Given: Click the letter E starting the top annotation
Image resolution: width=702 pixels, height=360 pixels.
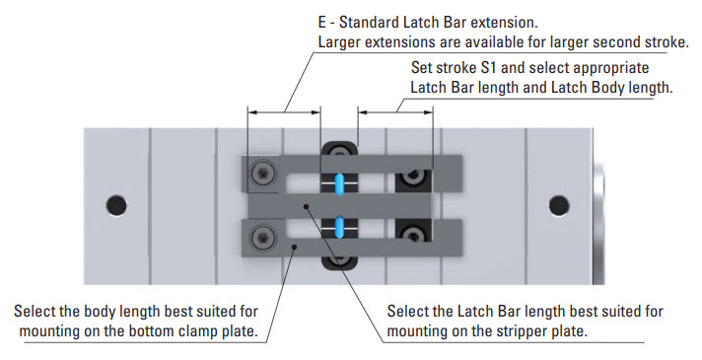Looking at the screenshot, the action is (x=322, y=22).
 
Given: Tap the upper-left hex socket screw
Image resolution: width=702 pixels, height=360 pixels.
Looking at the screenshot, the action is (x=261, y=174).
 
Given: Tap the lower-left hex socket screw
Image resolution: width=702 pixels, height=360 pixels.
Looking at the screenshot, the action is (x=261, y=236).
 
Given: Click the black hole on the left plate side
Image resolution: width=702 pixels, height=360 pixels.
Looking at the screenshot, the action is (x=116, y=205).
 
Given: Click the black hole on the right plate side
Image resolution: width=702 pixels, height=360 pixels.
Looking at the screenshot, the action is (x=559, y=205).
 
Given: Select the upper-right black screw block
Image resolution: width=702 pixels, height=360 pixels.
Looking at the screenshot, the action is (x=413, y=180).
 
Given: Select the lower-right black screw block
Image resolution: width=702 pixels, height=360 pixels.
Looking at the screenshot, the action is (x=413, y=229).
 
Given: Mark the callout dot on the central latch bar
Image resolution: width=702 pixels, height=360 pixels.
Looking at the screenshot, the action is (x=307, y=206).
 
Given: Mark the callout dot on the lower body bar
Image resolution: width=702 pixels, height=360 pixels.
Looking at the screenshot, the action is (x=294, y=246).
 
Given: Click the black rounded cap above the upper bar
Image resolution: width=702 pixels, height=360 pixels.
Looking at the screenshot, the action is (x=339, y=149).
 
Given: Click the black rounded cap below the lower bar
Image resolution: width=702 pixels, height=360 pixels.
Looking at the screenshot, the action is (x=339, y=263).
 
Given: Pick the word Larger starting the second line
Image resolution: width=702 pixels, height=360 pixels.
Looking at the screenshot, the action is (x=340, y=42).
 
